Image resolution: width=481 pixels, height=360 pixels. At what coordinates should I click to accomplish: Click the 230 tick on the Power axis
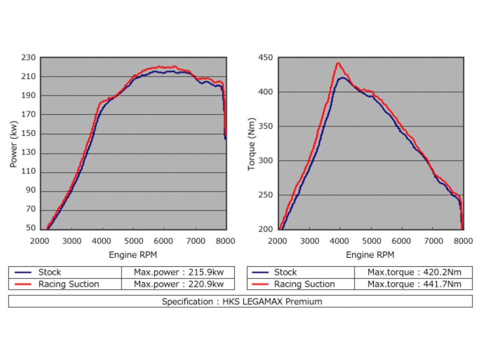coord(29,58)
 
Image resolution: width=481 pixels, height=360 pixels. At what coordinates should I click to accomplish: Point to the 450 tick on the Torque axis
coord(265,58)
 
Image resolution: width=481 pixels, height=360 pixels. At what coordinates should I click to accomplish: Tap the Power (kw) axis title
coord(14,144)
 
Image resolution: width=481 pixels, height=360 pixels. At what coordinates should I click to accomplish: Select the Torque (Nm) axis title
coord(251,144)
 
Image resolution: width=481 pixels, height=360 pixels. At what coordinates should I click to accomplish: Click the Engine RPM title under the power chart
coord(133,255)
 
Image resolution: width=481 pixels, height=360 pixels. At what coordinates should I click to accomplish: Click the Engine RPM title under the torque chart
coord(370,255)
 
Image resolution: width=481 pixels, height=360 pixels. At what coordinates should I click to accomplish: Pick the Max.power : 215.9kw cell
coord(178,272)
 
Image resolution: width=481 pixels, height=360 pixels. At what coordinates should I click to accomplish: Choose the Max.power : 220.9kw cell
coord(178,284)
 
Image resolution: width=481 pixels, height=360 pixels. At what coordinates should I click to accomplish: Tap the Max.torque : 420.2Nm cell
coord(414,272)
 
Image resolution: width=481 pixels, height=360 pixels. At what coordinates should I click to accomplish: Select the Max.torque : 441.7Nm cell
coord(414,284)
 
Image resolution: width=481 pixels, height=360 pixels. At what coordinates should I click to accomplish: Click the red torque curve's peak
coord(338,63)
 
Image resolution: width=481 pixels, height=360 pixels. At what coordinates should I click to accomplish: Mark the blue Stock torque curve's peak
coord(342,78)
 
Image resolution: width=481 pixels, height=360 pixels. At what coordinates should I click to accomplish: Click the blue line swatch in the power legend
coord(23,273)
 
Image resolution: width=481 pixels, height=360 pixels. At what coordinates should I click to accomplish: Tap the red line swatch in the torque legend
coord(260,285)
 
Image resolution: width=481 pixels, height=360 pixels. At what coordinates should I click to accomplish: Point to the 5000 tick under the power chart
coord(133,241)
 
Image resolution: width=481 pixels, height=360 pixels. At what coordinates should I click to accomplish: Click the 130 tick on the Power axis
coord(29,152)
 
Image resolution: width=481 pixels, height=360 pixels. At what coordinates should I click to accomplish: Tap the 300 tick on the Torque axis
coord(265,161)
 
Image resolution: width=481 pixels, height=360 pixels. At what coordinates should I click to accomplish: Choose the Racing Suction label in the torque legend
coord(304,284)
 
